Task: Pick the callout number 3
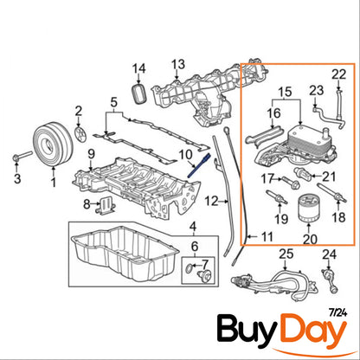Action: [x=14, y=179]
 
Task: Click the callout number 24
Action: [x=328, y=254]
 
